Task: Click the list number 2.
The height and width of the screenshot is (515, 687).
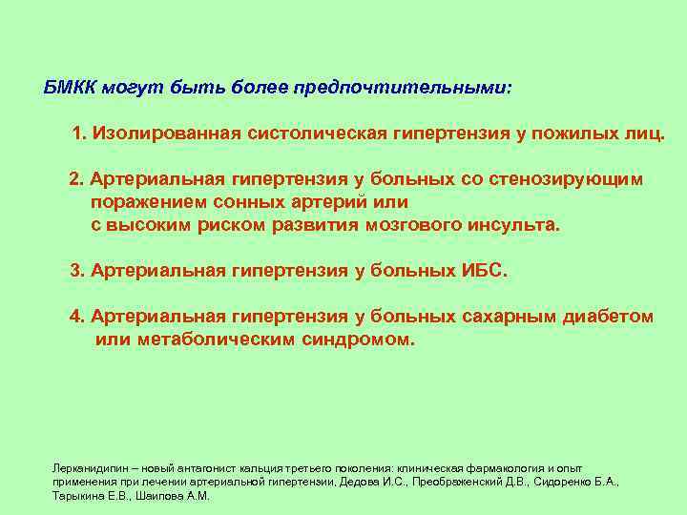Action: coord(77,179)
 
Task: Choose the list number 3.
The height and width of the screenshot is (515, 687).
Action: coord(77,271)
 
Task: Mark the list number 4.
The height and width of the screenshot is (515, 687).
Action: coord(77,317)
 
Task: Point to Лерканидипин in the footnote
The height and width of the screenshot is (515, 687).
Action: coord(82,470)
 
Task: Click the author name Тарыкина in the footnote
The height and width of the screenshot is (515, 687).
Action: coord(75,497)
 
